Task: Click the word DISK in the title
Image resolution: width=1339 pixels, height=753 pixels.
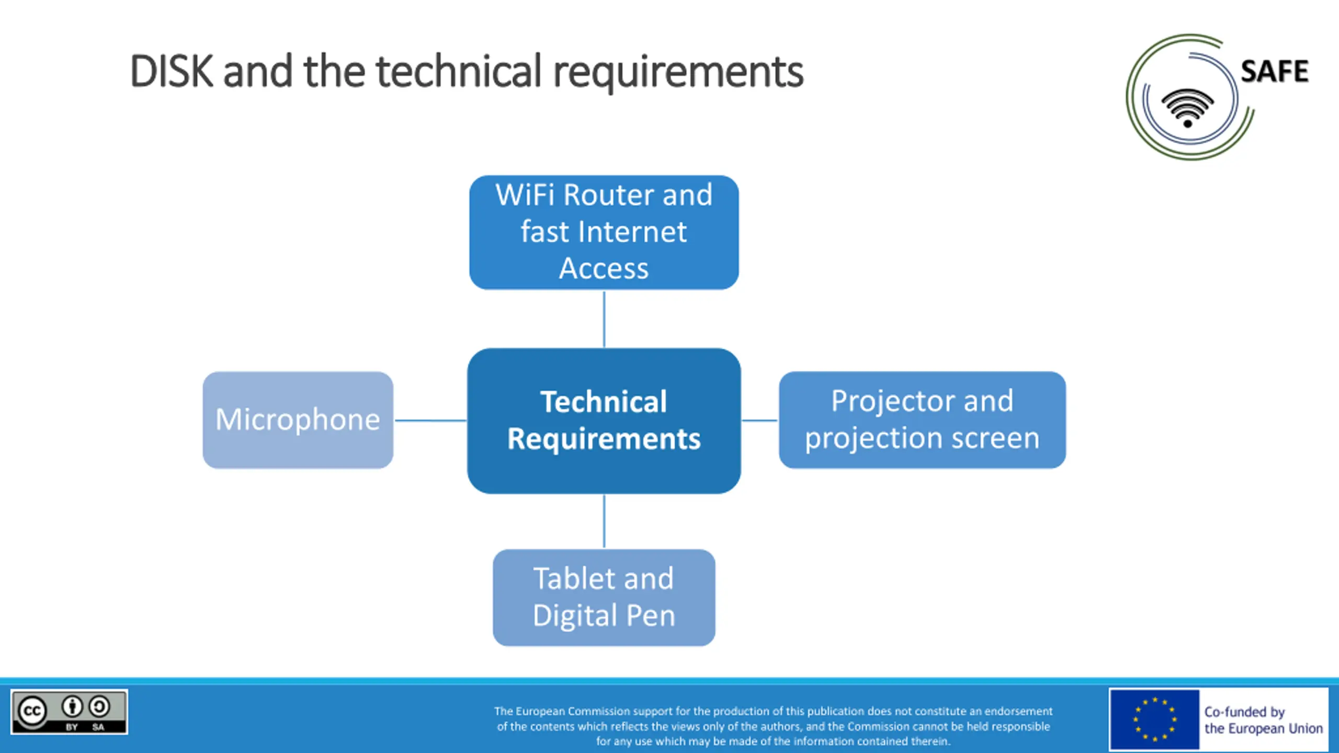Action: pyautogui.click(x=172, y=72)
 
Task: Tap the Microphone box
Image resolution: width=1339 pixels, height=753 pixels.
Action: pyautogui.click(x=298, y=420)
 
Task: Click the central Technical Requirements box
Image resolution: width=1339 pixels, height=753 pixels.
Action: pyautogui.click(x=604, y=420)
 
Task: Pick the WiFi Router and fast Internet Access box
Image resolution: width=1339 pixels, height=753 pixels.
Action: pyautogui.click(x=604, y=232)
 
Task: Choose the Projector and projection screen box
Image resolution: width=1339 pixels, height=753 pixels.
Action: pyautogui.click(x=922, y=420)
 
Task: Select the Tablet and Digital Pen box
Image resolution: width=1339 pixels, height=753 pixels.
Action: pyautogui.click(x=604, y=597)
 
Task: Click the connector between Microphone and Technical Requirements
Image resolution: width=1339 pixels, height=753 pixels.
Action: pyautogui.click(x=430, y=420)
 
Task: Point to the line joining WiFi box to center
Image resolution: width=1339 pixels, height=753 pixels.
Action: pyautogui.click(x=604, y=318)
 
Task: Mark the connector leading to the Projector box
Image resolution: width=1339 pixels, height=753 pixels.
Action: pyautogui.click(x=759, y=420)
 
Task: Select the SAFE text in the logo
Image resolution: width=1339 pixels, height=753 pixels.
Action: pyautogui.click(x=1274, y=72)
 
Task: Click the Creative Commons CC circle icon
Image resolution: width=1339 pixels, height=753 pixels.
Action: pyautogui.click(x=32, y=711)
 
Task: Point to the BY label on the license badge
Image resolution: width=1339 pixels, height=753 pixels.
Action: pyautogui.click(x=72, y=727)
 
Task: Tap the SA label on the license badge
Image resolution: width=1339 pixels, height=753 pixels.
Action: pyautogui.click(x=98, y=727)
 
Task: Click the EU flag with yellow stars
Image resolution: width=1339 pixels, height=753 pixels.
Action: pyautogui.click(x=1154, y=720)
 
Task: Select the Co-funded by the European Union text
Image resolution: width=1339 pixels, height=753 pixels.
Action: pyautogui.click(x=1263, y=720)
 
